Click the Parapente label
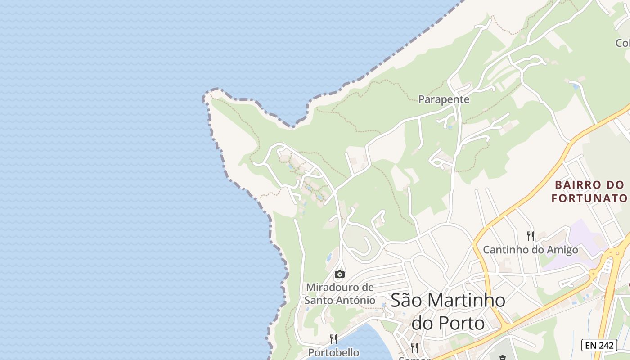444,99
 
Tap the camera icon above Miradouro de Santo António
340,274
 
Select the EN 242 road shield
598,345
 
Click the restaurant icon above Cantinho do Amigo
531,236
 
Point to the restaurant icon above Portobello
333,339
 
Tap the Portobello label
333,352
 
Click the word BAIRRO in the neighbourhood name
578,185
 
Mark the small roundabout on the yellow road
594,273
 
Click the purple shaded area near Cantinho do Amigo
580,238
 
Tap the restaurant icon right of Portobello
414,347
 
